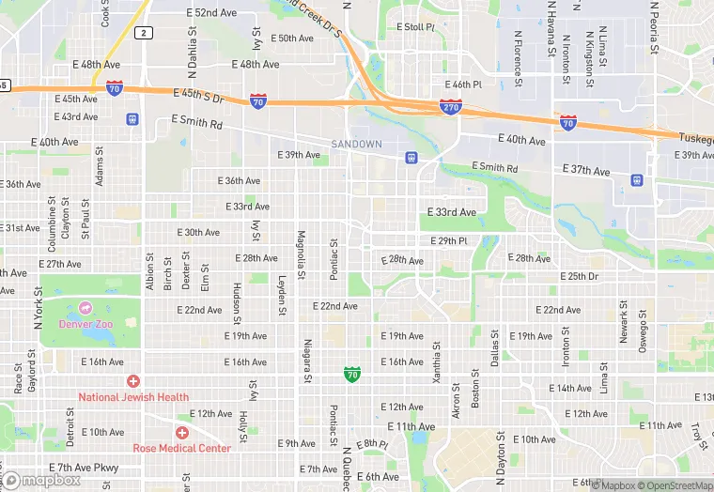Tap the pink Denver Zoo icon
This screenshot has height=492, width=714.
tap(85, 308)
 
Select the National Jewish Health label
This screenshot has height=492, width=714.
tap(133, 397)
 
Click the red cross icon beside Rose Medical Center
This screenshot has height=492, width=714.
tap(182, 432)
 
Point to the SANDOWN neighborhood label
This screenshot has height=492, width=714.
tap(357, 144)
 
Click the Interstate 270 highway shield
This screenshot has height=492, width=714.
tap(451, 108)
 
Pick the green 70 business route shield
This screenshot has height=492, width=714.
tap(351, 375)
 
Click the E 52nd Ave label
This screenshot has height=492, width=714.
tap(211, 12)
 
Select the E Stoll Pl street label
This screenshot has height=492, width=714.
tap(416, 27)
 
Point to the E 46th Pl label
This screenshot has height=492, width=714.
tap(462, 84)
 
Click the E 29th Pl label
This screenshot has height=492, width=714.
tap(449, 241)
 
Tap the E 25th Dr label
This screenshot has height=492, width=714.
tap(579, 277)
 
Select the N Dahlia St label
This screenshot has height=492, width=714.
tap(192, 43)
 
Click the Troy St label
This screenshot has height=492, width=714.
tap(697, 435)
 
